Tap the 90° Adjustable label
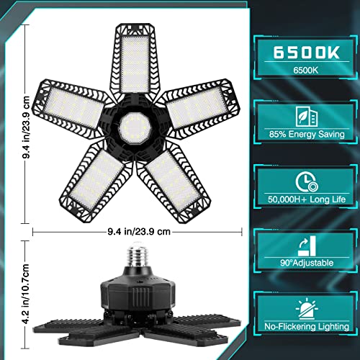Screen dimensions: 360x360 tap(297, 264)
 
